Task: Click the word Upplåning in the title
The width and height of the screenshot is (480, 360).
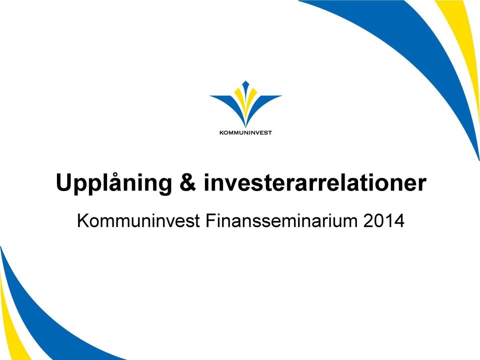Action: (x=114, y=183)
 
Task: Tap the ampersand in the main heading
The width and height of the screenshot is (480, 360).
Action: (x=187, y=182)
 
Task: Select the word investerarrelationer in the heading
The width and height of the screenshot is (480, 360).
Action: (x=315, y=182)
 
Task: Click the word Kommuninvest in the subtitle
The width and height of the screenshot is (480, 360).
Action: (x=138, y=220)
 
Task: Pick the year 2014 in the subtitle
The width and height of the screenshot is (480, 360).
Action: (x=384, y=220)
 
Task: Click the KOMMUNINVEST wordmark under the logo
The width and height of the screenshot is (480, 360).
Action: (x=245, y=133)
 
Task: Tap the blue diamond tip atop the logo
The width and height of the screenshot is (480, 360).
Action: (x=245, y=84)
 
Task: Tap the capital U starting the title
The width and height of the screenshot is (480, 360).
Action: (x=63, y=183)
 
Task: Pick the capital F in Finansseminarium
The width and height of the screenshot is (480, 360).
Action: (x=210, y=220)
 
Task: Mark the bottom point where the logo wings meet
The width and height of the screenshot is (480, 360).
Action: (x=245, y=126)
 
